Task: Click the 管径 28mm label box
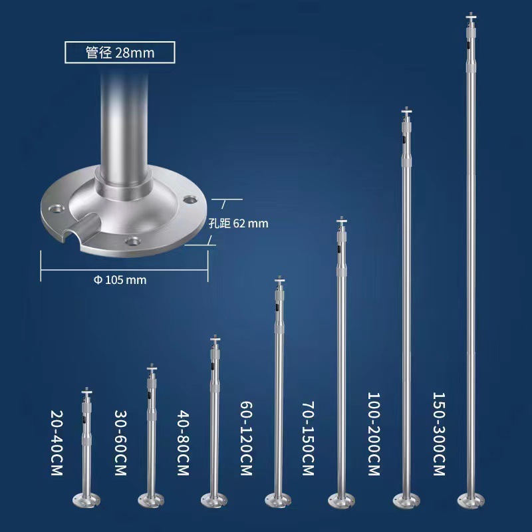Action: tap(120, 52)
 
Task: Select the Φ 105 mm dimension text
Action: tap(119, 279)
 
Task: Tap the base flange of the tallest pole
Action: tap(471, 497)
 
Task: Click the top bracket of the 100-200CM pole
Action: tap(406, 112)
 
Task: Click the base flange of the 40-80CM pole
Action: tap(214, 498)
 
